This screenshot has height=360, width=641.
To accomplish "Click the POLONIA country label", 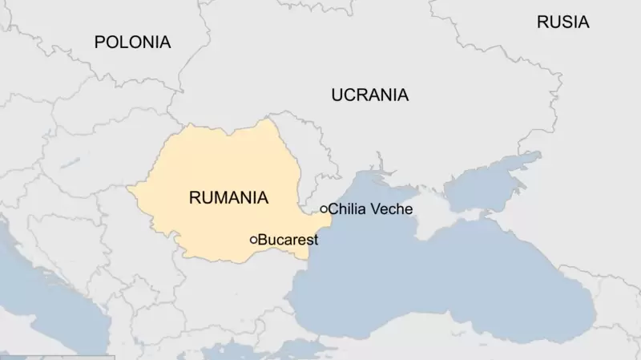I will tap(132, 42).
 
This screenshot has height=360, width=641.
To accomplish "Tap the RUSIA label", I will tap(562, 22).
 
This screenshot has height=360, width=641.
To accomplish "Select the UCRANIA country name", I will tap(369, 95).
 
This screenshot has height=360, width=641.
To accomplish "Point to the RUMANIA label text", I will tap(228, 197).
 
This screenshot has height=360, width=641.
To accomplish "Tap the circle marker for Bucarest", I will tap(254, 240).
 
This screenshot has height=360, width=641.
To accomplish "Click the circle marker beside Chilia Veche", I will tap(324, 209).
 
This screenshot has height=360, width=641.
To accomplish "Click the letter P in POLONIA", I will tap(99, 42).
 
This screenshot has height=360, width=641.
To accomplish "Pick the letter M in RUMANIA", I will tap(219, 197).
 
